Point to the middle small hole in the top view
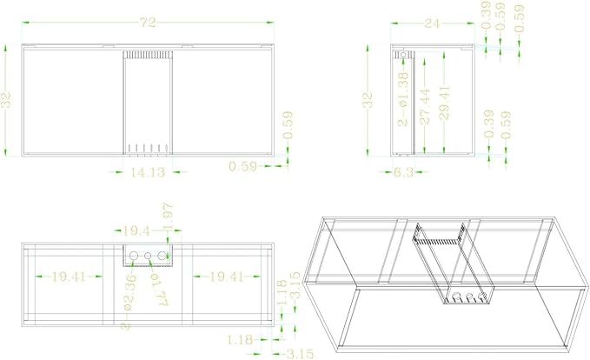148,256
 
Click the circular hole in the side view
402,57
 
